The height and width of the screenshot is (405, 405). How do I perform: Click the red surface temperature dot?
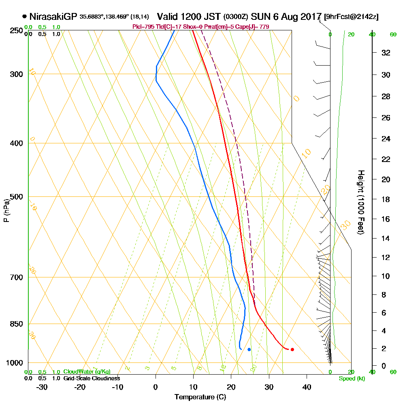click(292, 350)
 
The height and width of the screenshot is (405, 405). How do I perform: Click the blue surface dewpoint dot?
click(249, 349)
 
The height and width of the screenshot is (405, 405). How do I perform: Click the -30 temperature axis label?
click(42, 387)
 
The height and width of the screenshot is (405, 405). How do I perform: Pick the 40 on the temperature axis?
click(307, 387)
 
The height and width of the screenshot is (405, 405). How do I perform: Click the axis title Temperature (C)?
click(200, 397)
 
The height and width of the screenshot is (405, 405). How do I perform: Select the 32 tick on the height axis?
click(386, 53)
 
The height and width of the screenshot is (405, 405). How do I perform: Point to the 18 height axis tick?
click(386, 199)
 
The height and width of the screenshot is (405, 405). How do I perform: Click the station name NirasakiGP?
click(53, 17)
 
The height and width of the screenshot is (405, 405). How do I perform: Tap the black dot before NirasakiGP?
click(25, 17)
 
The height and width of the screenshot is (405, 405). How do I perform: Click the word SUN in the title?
click(259, 17)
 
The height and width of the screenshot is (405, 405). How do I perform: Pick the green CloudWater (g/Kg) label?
click(87, 372)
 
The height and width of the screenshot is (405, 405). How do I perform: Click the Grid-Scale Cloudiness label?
click(92, 378)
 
